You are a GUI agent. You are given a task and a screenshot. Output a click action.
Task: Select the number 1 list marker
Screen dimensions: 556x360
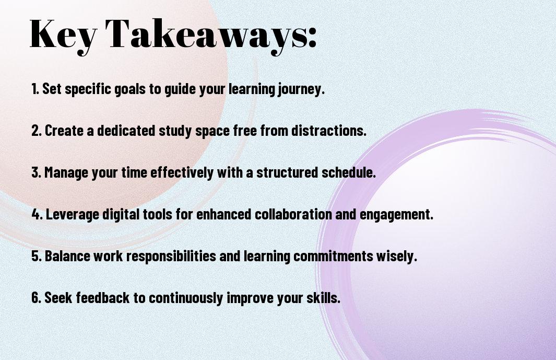(35, 89)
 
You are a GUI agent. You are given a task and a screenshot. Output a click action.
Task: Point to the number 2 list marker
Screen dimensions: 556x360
(37, 131)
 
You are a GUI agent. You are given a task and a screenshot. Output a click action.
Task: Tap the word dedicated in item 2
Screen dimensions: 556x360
(126, 131)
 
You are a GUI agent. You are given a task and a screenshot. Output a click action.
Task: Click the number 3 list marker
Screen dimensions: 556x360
(36, 172)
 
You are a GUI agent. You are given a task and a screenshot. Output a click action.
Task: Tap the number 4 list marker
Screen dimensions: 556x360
(37, 214)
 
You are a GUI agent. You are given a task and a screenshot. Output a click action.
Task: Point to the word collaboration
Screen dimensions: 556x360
(293, 214)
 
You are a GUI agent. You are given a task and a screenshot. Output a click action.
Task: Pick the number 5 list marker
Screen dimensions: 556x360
(37, 256)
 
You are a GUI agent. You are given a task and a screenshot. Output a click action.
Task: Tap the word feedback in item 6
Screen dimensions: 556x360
(102, 297)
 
